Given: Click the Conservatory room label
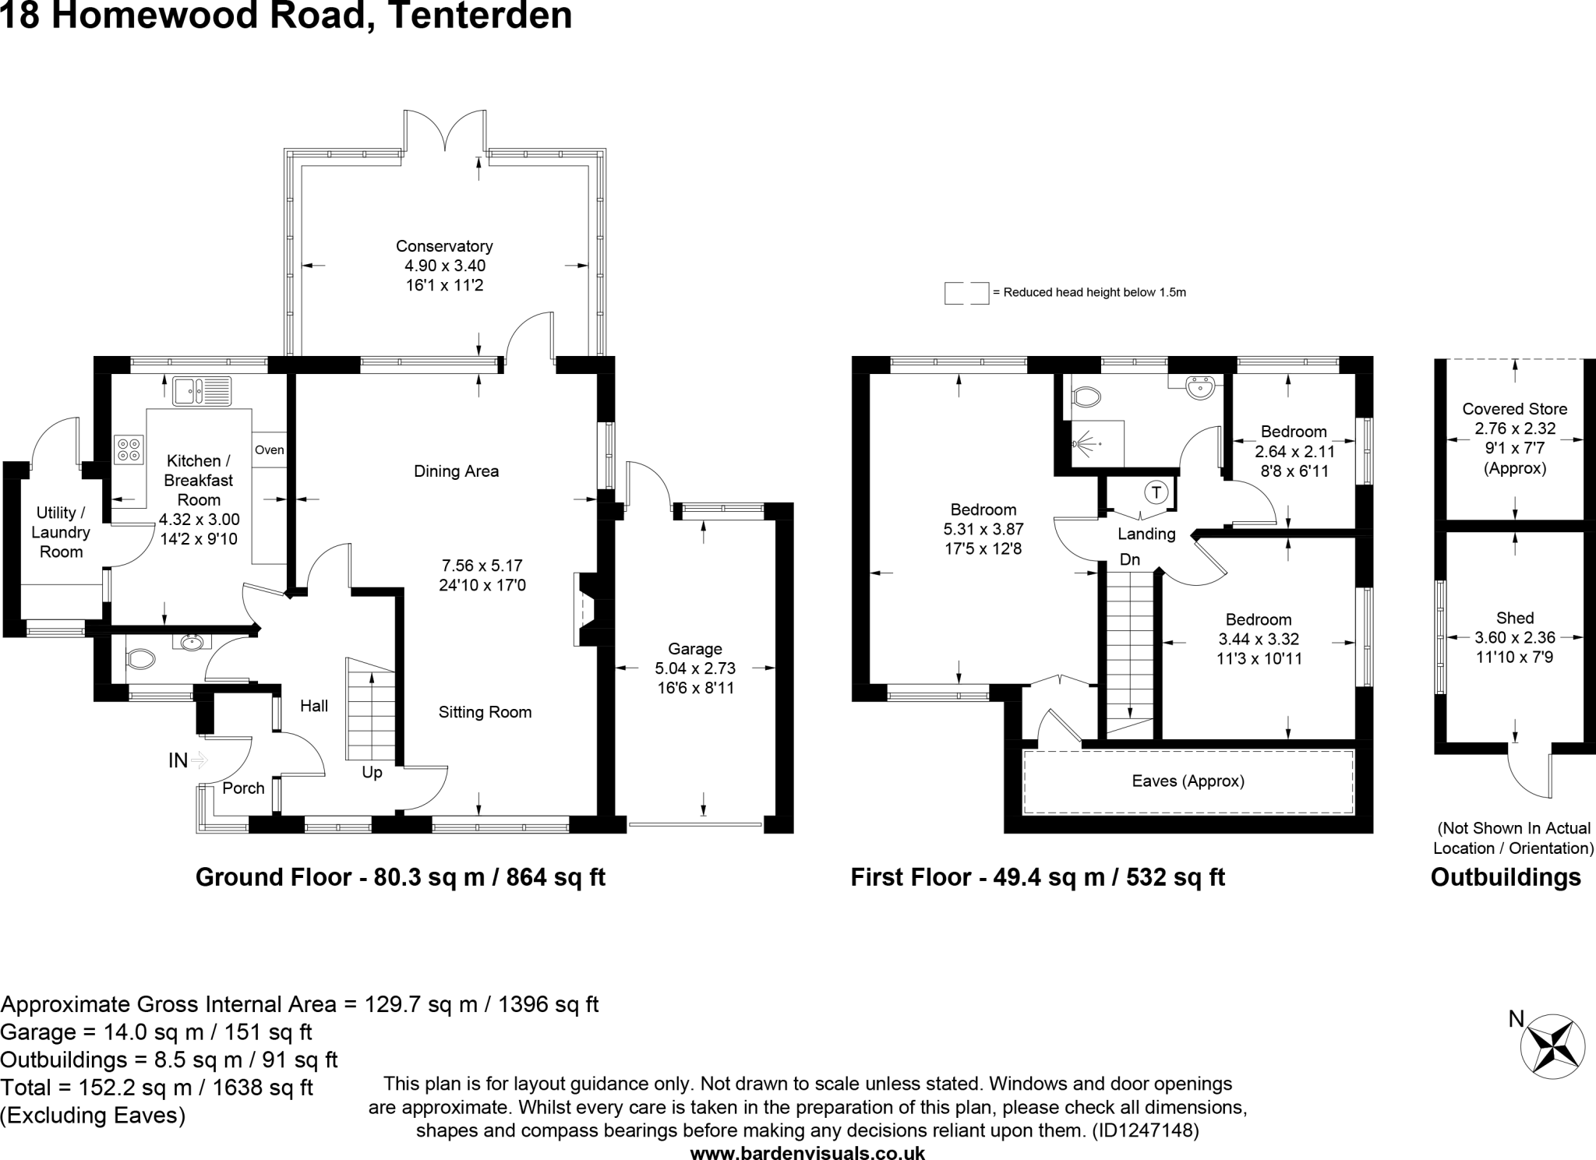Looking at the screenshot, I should pos(444,246).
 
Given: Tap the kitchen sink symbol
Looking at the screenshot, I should pos(202,391).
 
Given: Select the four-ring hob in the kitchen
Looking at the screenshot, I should pos(129,449).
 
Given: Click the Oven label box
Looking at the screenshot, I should pos(270,450).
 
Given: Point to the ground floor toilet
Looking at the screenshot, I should pos(140,660).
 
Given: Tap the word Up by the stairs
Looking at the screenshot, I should pos(372,773).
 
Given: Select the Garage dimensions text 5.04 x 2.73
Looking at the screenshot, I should pos(695,668).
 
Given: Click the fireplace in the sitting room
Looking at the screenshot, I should pos(584,610).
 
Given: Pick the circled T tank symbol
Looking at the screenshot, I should pos(1156,492).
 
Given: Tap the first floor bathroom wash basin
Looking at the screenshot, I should pos(1200,387).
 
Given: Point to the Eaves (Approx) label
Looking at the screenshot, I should pos(1188,781).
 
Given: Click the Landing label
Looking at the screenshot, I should pos(1146,534).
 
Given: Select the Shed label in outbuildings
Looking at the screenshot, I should pos(1514,618).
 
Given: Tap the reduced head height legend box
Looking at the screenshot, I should pos(966,293).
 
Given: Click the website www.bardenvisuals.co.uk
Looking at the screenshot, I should pos(807,1153).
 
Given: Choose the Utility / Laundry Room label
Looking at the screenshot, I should pos(61,532).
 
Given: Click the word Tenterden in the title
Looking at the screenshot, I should pos(478,16).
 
